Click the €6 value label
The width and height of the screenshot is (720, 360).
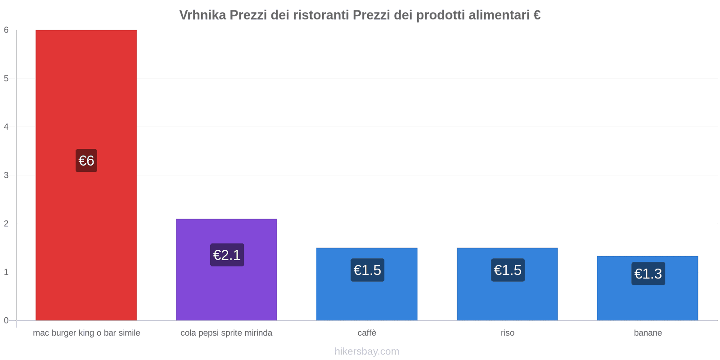(x=86, y=161)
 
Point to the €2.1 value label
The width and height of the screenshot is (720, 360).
(x=227, y=255)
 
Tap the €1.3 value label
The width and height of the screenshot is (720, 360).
(x=648, y=274)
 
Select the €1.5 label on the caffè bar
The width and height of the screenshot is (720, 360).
(x=367, y=270)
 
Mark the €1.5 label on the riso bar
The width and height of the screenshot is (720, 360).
(x=508, y=270)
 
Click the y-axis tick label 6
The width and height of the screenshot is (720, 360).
(x=6, y=30)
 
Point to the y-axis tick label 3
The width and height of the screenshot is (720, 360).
(x=6, y=175)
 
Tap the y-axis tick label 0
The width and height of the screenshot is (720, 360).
(x=6, y=320)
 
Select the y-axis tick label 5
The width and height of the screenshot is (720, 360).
(x=6, y=78)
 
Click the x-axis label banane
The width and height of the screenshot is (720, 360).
(x=648, y=333)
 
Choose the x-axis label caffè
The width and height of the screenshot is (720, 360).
(x=367, y=333)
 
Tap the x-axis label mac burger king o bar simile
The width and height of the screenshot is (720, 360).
(x=86, y=333)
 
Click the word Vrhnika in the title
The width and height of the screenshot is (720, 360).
(x=202, y=15)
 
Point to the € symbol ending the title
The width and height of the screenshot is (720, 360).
(x=536, y=15)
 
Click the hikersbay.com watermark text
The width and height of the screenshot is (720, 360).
(x=367, y=351)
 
